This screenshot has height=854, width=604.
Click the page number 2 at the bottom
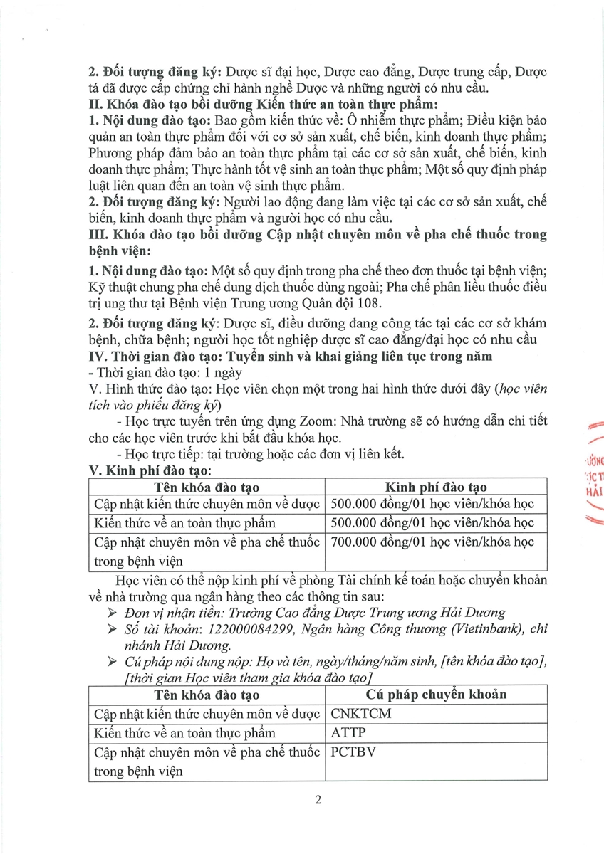pos(318,799)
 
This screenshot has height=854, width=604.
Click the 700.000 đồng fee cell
pos(435,542)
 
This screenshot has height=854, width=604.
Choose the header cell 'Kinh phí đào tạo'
pos(436,487)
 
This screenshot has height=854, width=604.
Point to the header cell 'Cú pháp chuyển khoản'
pos(436,695)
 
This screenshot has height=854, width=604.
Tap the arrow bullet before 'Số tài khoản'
pos(110,629)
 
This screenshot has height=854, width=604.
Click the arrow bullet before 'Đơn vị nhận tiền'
pos(110,612)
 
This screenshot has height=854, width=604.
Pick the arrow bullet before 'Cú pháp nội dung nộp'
pos(110,663)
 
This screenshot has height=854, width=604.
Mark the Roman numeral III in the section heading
pos(95,236)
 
